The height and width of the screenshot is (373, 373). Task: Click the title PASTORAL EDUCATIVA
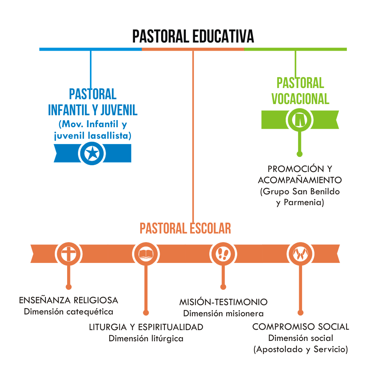click(x=193, y=37)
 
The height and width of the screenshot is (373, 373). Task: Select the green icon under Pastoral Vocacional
click(x=300, y=119)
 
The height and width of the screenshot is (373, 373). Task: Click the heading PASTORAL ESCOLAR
click(x=185, y=228)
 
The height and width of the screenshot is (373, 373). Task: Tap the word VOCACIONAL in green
click(x=300, y=99)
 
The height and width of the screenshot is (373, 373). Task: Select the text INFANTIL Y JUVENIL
click(x=93, y=110)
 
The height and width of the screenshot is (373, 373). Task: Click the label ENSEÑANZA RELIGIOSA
click(x=69, y=300)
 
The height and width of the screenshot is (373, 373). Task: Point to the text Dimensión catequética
click(x=69, y=311)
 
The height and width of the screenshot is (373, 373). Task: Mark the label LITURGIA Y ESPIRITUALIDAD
click(x=146, y=327)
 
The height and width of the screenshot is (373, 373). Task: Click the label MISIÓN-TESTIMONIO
click(x=223, y=302)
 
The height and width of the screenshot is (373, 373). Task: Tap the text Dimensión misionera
click(x=223, y=313)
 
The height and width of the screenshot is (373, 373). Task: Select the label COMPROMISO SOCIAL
click(x=301, y=327)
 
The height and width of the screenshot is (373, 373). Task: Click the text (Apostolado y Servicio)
click(x=301, y=350)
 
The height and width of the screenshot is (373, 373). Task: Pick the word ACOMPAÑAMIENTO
click(x=300, y=180)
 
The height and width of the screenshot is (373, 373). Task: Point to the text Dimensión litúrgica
click(x=146, y=339)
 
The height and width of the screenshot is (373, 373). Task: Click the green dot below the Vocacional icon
click(x=300, y=153)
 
